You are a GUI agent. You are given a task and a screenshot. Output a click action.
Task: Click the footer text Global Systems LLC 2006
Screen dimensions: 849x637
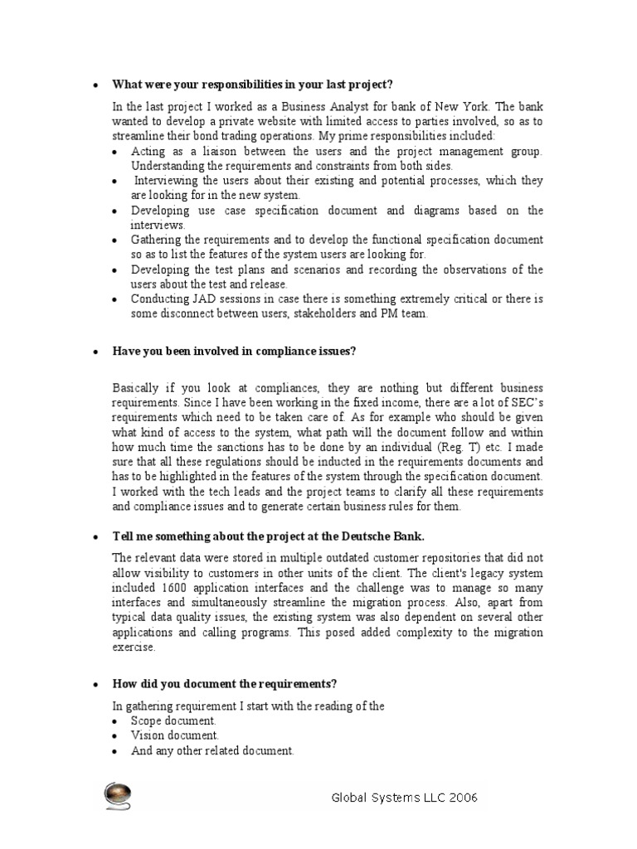pos(404,798)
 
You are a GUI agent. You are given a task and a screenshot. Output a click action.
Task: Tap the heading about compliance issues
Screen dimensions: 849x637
pos(234,352)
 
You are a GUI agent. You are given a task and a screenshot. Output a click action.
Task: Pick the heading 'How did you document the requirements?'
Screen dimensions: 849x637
pos(225,684)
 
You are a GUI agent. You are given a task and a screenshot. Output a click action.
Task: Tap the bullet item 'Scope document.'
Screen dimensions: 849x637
pos(173,721)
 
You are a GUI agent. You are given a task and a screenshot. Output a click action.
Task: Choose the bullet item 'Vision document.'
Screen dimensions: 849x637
pos(175,735)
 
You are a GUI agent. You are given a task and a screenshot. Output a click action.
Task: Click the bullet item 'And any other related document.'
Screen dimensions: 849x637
pos(212,750)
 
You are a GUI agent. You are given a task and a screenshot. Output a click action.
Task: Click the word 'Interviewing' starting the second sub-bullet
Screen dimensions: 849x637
pos(166,181)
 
